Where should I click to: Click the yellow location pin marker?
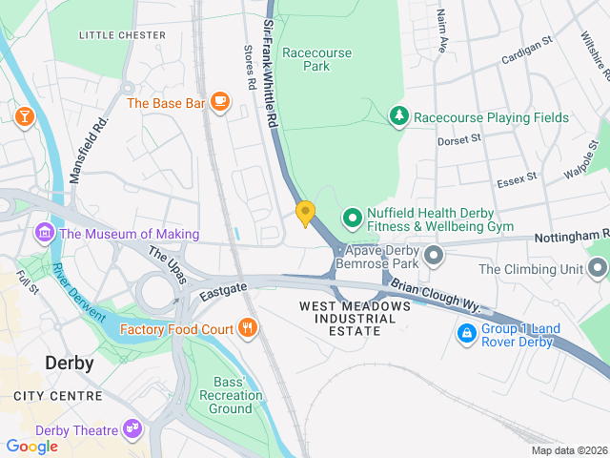[305, 213]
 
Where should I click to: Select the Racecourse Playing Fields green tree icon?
[399, 116]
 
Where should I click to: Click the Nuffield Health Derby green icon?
[352, 219]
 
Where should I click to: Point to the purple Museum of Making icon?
[44, 233]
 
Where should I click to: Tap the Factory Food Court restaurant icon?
[248, 329]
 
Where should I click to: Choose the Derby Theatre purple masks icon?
[132, 430]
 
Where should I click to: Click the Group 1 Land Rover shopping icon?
[467, 335]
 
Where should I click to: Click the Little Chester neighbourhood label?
[122, 35]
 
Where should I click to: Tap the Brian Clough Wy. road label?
[434, 298]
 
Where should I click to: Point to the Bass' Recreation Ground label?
[231, 395]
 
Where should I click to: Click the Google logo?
[32, 446]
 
